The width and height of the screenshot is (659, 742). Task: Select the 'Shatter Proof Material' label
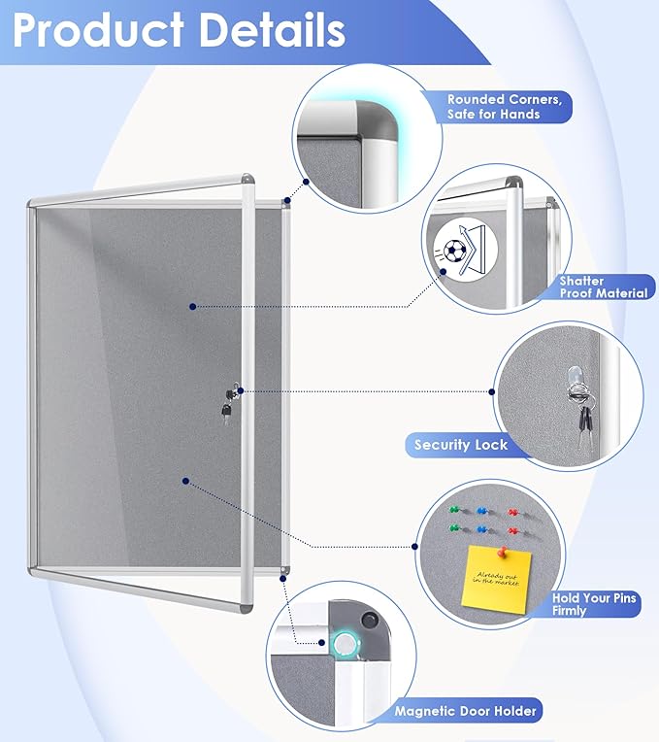[x=602, y=287]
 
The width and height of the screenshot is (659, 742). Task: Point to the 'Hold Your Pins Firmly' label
[x=594, y=604]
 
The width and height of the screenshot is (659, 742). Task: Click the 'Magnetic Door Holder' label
[x=465, y=712]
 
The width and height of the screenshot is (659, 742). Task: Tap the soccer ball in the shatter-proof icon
[x=453, y=254]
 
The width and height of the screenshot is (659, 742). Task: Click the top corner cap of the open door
[x=247, y=181]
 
